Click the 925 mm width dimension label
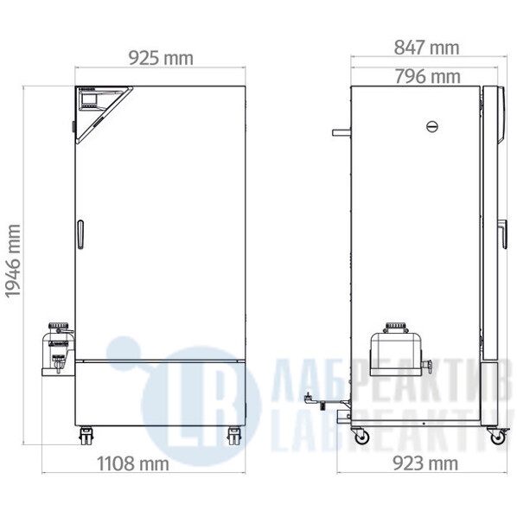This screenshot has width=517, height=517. (161, 59)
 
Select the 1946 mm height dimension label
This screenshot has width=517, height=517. (13, 261)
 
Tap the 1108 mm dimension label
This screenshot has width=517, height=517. (133, 463)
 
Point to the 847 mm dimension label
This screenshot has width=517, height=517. (427, 48)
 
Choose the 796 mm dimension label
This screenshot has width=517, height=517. (428, 76)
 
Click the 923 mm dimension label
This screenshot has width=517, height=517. (425, 463)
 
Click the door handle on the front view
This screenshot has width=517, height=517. (80, 234)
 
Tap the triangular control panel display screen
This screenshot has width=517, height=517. (89, 99)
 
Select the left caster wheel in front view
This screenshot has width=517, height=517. (86, 436)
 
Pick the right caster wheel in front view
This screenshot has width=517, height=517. (234, 436)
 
